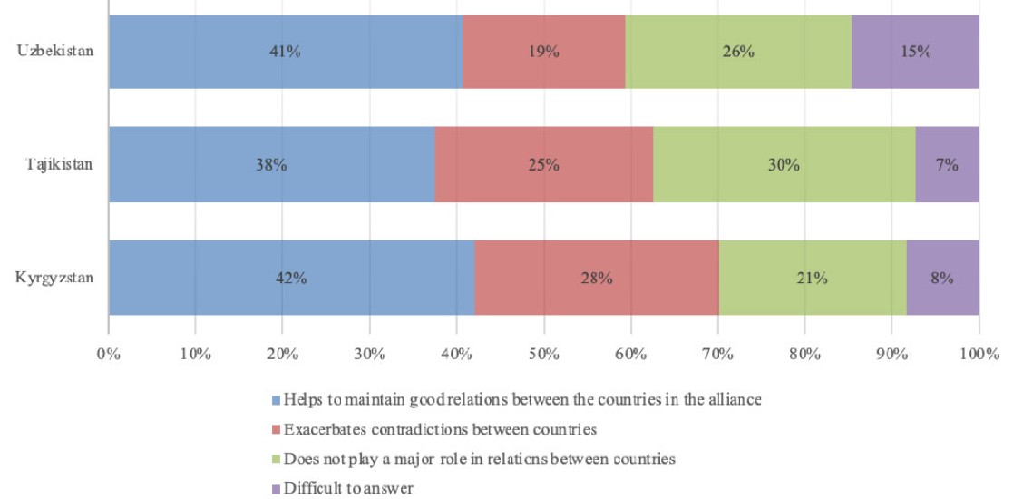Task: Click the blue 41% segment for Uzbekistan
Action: [x=285, y=52]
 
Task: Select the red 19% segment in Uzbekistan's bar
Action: [x=543, y=52]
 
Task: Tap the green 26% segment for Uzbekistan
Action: [x=738, y=52]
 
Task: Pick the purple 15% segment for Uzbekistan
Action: [x=915, y=52]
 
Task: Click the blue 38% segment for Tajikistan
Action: [x=271, y=165]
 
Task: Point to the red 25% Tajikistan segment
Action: [x=543, y=165]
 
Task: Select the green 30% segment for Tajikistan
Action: [x=784, y=165]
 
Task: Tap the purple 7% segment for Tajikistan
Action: [x=947, y=165]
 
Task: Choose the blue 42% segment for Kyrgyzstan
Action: [x=290, y=279]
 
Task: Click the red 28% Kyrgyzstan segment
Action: [x=596, y=279]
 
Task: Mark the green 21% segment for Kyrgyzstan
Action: [x=812, y=279]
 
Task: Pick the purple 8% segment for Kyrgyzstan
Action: [x=942, y=279]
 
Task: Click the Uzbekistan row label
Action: [x=55, y=51]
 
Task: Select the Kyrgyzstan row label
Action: [x=54, y=278]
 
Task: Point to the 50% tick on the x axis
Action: [x=543, y=352]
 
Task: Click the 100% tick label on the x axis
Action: [x=978, y=352]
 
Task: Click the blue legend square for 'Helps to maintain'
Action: [x=276, y=399]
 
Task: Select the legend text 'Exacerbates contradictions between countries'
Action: [x=439, y=429]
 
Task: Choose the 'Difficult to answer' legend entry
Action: [x=348, y=488]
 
